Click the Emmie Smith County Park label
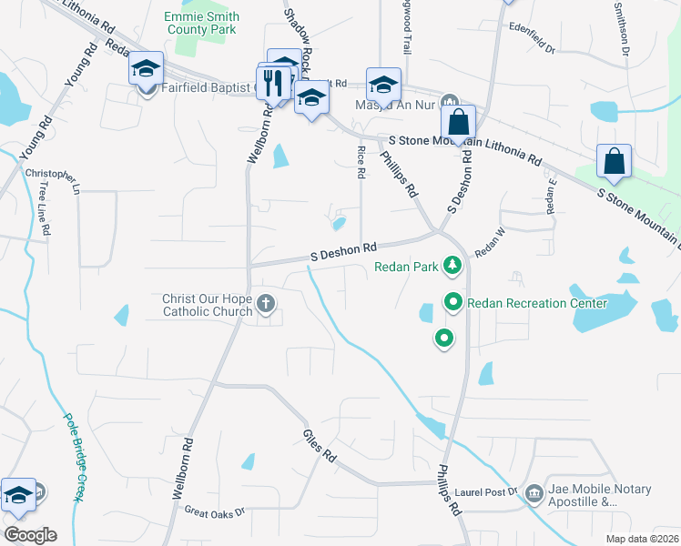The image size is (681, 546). tap(202, 24)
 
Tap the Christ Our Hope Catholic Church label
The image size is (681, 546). tap(207, 305)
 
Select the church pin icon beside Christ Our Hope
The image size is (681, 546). tap(266, 303)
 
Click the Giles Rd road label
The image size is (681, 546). tap(320, 443)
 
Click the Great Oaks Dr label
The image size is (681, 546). tap(215, 512)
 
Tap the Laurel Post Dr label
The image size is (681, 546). tap(488, 492)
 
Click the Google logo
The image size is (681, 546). tap(29, 534)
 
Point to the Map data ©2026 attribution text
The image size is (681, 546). tap(643, 538)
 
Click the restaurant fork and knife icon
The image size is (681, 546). tap(273, 84)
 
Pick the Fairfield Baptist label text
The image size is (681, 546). tap(206, 87)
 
